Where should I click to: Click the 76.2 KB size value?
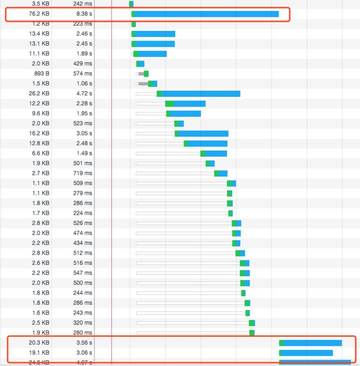(39, 14)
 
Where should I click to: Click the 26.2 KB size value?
(39, 93)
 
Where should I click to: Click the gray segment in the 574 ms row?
(141, 73)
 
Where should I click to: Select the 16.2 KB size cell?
(39, 133)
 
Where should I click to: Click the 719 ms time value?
(83, 173)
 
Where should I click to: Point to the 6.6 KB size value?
(40, 153)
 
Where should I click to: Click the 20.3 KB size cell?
(39, 343)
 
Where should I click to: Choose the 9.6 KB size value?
(40, 113)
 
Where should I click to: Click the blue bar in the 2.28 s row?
(189, 103)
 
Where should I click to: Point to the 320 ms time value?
(83, 323)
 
